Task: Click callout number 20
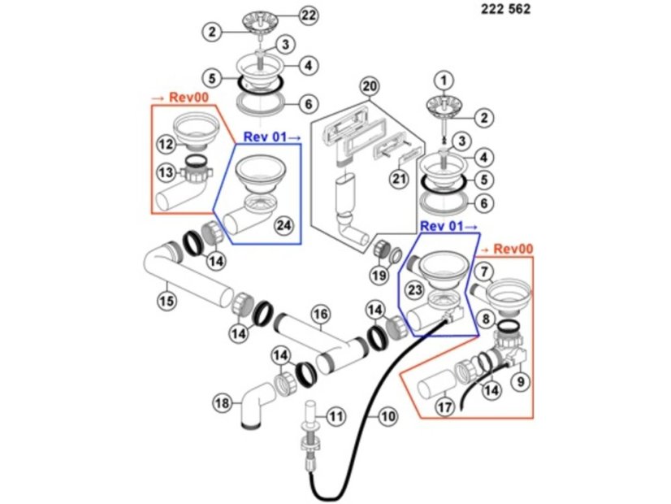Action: pos(370,85)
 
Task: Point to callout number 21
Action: pos(398,179)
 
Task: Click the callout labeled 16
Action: pos(320,312)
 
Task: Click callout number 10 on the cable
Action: pos(388,416)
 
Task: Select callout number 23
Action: pos(415,289)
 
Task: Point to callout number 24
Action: pos(284,224)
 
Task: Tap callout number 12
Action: pos(166,144)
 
